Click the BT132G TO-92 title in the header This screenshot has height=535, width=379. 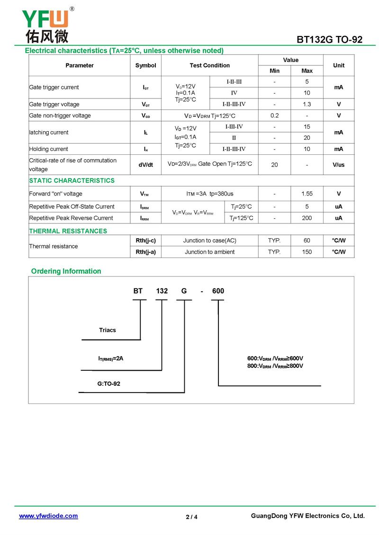click(x=329, y=40)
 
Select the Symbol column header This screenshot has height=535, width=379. click(x=145, y=65)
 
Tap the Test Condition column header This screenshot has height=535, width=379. click(x=210, y=65)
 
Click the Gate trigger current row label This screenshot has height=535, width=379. click(x=54, y=87)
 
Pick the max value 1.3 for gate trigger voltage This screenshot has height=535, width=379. click(x=307, y=104)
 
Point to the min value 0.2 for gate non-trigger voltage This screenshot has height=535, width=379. click(x=274, y=116)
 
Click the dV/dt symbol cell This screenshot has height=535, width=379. click(x=145, y=164)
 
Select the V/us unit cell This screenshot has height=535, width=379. click(x=338, y=164)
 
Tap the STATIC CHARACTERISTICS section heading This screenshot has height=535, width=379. click(x=72, y=180)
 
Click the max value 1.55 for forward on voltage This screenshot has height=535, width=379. click(x=307, y=194)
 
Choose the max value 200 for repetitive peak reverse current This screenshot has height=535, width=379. click(x=307, y=218)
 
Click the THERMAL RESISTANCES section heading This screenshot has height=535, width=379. click(x=68, y=231)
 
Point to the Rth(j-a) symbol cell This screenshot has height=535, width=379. click(x=145, y=252)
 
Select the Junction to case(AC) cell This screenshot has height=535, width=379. click(x=210, y=241)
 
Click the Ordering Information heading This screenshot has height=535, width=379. click(x=66, y=271)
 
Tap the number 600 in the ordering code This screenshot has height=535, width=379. click(x=218, y=291)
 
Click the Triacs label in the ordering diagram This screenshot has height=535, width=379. click(x=108, y=330)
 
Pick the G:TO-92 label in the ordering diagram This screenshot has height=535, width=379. click(x=109, y=383)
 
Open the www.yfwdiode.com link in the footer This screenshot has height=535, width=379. click(x=48, y=516)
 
